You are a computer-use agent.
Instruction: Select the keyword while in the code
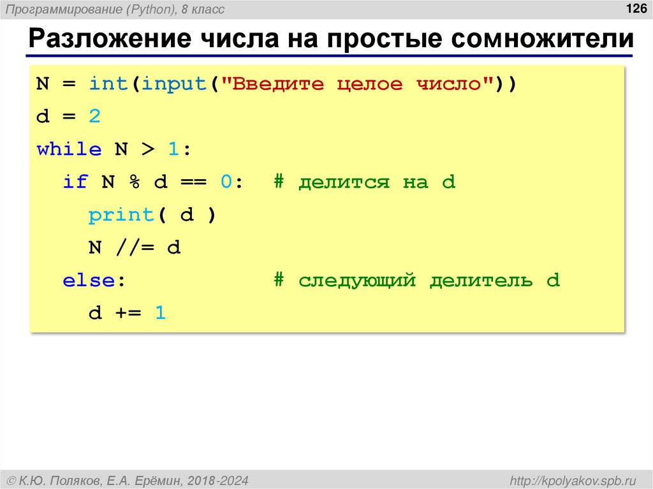pos(69,150)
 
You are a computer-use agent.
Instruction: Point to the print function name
pos(121,215)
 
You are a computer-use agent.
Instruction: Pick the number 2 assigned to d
pos(95,117)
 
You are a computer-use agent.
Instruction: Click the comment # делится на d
pos(365,183)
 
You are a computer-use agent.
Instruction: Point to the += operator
pos(128,314)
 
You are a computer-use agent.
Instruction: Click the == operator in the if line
pos(193,183)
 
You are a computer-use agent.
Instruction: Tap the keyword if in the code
pos(75,183)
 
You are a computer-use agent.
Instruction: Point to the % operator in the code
pos(135,183)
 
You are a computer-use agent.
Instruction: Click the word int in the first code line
pos(108,84)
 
